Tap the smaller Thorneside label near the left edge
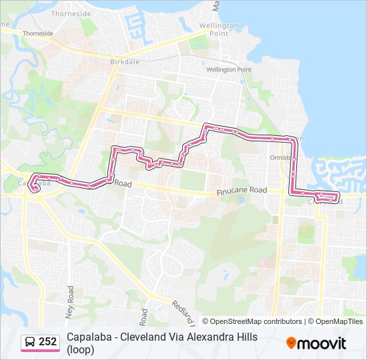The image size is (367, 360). click(37, 33)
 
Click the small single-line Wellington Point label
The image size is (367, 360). click(228, 69)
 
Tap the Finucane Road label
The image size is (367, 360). click(242, 191)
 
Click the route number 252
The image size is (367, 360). click(47, 342)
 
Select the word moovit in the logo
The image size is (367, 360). click(322, 343)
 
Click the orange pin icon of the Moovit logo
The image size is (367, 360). click(292, 343)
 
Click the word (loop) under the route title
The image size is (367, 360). click(80, 349)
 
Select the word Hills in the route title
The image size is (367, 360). click(244, 337)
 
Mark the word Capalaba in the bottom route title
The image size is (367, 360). click(89, 337)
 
